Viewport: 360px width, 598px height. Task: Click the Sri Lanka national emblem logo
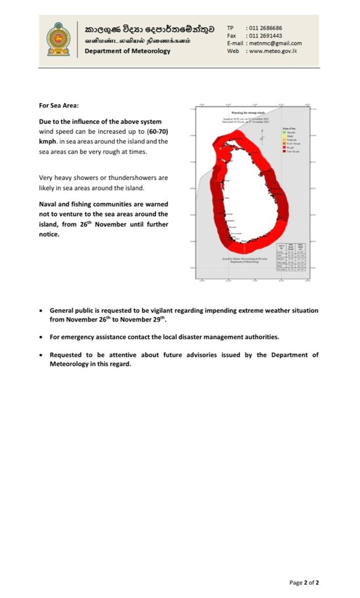pyautogui.click(x=58, y=40)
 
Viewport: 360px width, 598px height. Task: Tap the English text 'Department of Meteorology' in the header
pyautogui.click(x=128, y=51)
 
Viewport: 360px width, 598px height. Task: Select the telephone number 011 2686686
pyautogui.click(x=265, y=28)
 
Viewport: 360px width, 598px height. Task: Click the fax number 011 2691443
pyautogui.click(x=265, y=36)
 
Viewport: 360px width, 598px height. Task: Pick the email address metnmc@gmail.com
pyautogui.click(x=275, y=44)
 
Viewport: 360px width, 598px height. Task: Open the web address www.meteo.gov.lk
pyautogui.click(x=273, y=51)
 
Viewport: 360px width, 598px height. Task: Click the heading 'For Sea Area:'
pyautogui.click(x=59, y=105)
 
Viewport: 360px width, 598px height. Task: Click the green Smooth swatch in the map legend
pyautogui.click(x=283, y=133)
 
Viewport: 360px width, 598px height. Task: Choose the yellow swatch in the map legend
pyautogui.click(x=283, y=136)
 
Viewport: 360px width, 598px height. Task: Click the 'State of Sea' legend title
pyautogui.click(x=289, y=128)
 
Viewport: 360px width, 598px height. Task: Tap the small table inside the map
pyautogui.click(x=293, y=256)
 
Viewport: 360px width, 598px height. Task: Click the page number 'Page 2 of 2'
pyautogui.click(x=304, y=583)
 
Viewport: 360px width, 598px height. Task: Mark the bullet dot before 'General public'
pyautogui.click(x=41, y=311)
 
